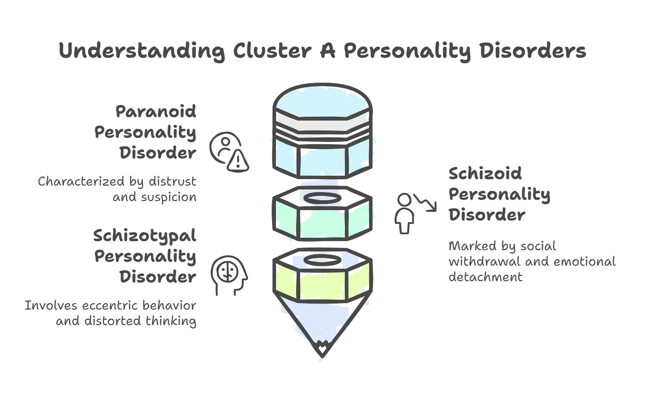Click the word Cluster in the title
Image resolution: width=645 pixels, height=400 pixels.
(x=272, y=51)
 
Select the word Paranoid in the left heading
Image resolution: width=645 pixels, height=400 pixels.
(x=156, y=112)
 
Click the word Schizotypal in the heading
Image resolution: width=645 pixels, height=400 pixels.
(x=145, y=236)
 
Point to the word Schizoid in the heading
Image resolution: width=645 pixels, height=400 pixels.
(x=485, y=174)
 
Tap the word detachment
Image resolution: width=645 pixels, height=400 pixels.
(x=485, y=277)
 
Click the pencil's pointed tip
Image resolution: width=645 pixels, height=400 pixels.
(x=322, y=351)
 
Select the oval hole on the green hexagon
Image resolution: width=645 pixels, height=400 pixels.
(x=322, y=198)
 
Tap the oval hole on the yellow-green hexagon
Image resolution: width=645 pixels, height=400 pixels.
(x=322, y=260)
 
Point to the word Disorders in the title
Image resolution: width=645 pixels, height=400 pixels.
(x=532, y=51)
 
